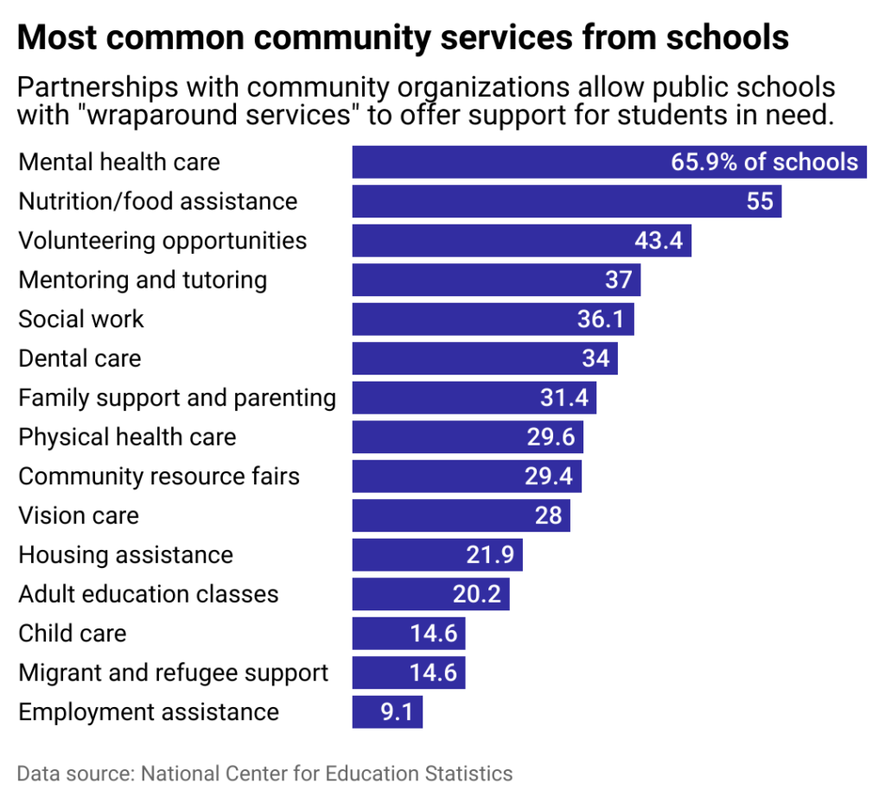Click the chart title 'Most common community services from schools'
tap(403, 38)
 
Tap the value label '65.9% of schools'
tap(764, 162)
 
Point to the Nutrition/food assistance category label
tap(158, 201)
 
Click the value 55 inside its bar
tap(760, 201)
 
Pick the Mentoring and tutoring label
tap(143, 280)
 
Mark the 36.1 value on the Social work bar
tap(601, 319)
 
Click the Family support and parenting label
tap(177, 398)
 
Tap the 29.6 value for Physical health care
tap(551, 437)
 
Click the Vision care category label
tap(79, 515)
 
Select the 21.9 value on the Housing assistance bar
tap(490, 555)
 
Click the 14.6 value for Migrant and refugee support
tap(434, 673)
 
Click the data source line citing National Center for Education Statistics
tap(264, 773)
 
